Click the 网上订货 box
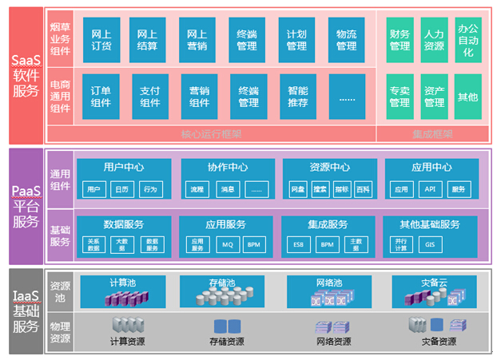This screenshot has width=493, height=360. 101,40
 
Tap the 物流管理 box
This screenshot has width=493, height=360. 347,40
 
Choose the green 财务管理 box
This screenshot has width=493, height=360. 400,40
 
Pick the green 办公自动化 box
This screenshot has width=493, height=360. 468,40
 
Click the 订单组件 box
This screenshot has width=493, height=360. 101,97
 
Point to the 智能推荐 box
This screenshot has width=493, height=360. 298,97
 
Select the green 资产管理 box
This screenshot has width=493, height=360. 434,97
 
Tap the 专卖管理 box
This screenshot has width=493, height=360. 400,97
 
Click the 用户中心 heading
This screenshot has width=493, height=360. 124,168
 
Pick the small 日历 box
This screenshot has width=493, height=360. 121,190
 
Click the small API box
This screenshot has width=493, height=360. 430,190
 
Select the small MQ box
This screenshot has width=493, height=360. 227,244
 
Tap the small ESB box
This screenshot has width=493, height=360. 297,244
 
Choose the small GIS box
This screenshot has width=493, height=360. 430,244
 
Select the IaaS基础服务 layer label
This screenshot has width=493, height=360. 25,312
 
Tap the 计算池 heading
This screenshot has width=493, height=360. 124,283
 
